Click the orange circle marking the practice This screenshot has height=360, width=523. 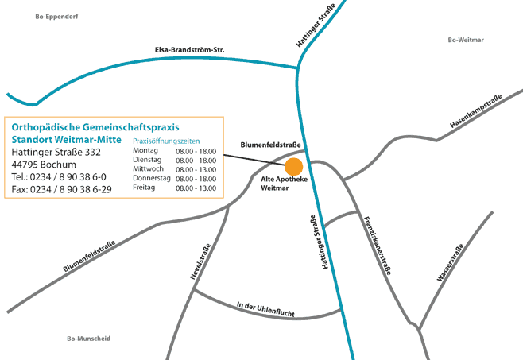pyautogui.click(x=294, y=166)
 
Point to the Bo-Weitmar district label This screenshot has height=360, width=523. pyautogui.click(x=466, y=40)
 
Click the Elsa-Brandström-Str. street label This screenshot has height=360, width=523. pyautogui.click(x=189, y=51)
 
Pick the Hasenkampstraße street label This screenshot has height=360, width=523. pyautogui.click(x=475, y=112)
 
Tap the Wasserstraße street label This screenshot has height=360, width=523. pyautogui.click(x=450, y=262)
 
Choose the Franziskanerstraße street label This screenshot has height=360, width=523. pyautogui.click(x=377, y=246)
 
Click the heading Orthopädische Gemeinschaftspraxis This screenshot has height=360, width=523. pyautogui.click(x=96, y=126)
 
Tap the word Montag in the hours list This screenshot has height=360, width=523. pyautogui.click(x=146, y=150)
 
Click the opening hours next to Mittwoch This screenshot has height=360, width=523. pyautogui.click(x=196, y=169)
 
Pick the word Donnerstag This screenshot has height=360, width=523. pyautogui.click(x=152, y=179)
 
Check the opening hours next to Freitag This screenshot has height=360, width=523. pyautogui.click(x=196, y=188)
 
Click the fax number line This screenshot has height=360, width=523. pyautogui.click(x=62, y=189)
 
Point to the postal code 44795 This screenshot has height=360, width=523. pyautogui.click(x=26, y=164)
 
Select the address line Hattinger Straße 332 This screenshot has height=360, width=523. pyautogui.click(x=56, y=151)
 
